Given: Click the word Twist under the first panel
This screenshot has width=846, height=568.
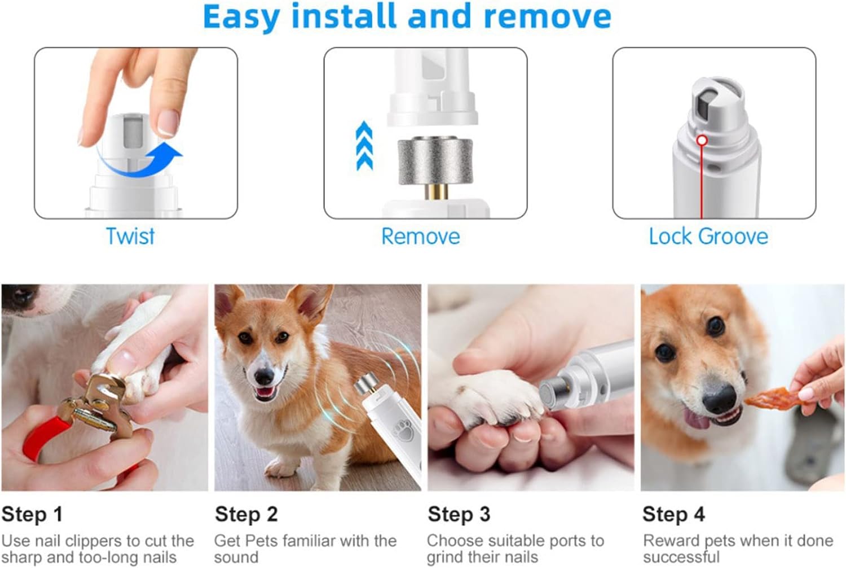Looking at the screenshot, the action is pyautogui.click(x=130, y=237).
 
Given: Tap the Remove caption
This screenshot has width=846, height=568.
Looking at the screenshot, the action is pyautogui.click(x=421, y=237).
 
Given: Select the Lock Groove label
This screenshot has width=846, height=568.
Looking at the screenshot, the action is pyautogui.click(x=708, y=237).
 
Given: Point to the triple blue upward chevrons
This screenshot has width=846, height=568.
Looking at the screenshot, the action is pyautogui.click(x=364, y=146).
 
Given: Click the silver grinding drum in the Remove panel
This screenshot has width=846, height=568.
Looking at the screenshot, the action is pyautogui.click(x=435, y=162).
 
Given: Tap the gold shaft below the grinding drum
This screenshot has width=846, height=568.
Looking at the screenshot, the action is pyautogui.click(x=437, y=192).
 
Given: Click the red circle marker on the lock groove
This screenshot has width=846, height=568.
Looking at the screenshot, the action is pyautogui.click(x=702, y=140).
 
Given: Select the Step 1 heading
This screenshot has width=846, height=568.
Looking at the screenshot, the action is pyautogui.click(x=32, y=514).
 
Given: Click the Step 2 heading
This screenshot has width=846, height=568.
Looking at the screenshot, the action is pyautogui.click(x=246, y=514).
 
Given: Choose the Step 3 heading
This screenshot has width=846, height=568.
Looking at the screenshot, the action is pyautogui.click(x=459, y=514).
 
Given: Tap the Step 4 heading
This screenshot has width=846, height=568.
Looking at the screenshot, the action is pyautogui.click(x=674, y=514).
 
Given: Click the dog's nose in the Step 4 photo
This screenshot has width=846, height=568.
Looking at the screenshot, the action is pyautogui.click(x=720, y=399).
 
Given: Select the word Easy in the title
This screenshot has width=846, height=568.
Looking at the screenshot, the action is pyautogui.click(x=242, y=17).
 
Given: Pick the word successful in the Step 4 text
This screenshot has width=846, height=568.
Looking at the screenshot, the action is pyautogui.click(x=681, y=557).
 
